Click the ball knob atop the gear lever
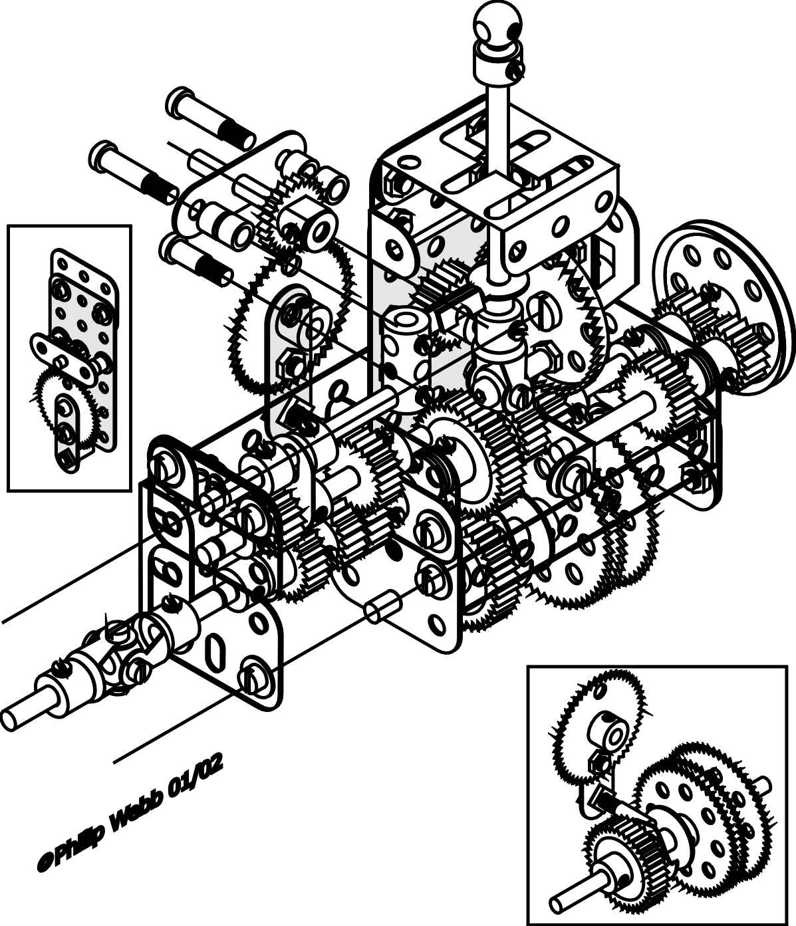498,25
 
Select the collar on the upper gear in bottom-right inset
606,735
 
